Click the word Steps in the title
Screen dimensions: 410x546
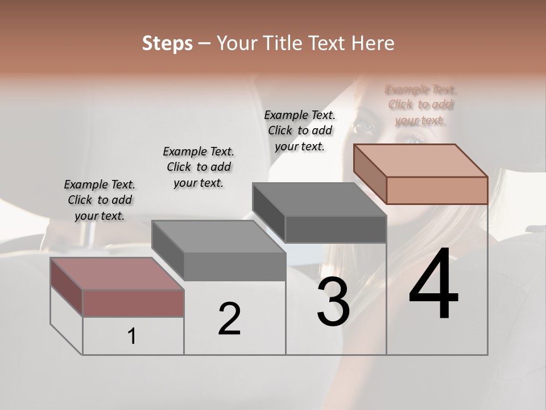click(x=167, y=43)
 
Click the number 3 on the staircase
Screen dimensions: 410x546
click(x=333, y=302)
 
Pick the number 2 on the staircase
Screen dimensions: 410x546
click(x=229, y=318)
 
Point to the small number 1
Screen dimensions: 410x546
click(x=132, y=337)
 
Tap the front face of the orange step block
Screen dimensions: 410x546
click(x=437, y=190)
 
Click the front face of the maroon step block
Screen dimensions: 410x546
click(x=133, y=303)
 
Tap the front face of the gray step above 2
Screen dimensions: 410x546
click(x=235, y=266)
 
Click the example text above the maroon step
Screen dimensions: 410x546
click(x=100, y=200)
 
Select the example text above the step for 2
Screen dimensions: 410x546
click(x=198, y=167)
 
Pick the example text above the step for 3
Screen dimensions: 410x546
click(x=300, y=130)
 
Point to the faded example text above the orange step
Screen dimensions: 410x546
click(x=420, y=105)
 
